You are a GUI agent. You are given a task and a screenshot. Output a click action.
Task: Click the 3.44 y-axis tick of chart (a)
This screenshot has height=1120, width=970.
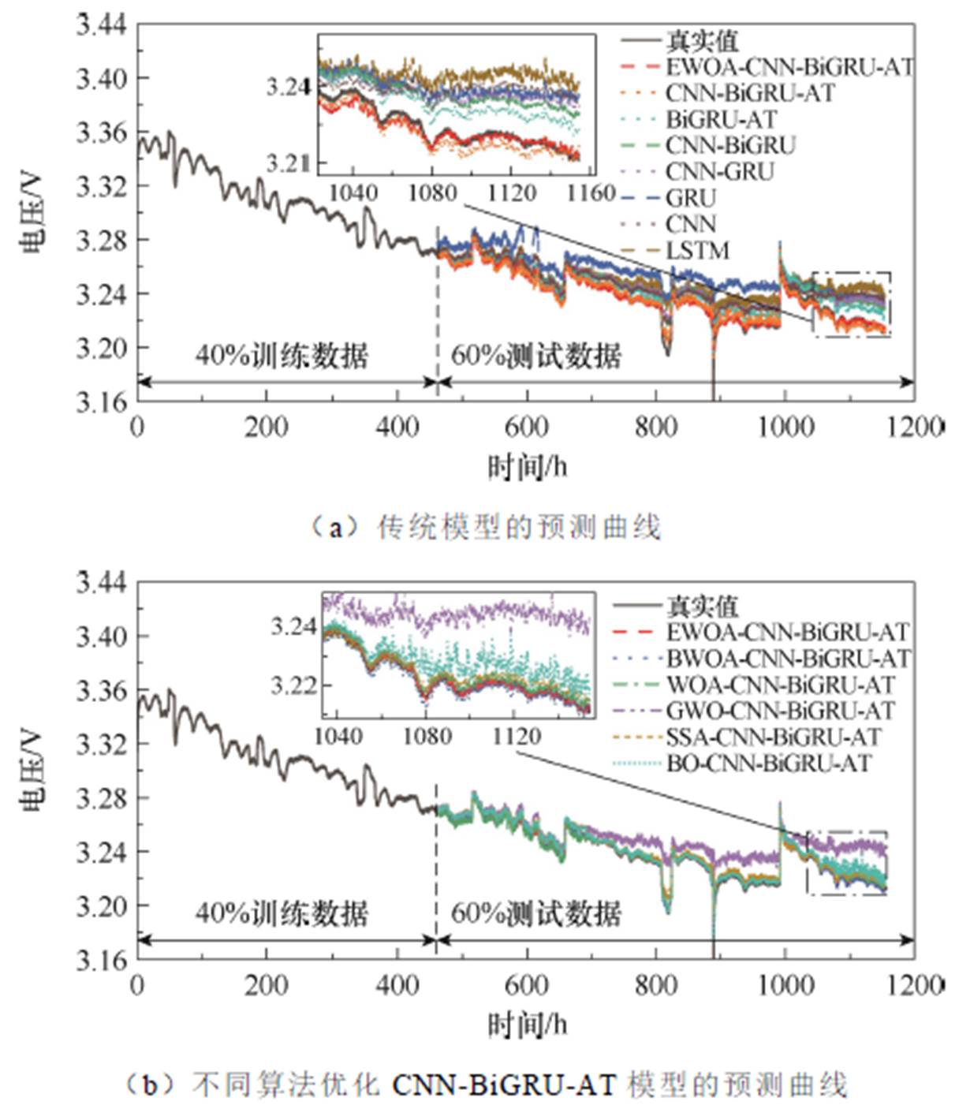101,26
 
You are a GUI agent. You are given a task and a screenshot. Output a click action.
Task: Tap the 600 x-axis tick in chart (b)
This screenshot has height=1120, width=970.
526,985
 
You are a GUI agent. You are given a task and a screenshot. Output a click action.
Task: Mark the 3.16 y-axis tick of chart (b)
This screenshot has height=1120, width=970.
101,959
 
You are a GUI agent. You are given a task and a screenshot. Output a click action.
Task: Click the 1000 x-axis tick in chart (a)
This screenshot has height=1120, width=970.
785,427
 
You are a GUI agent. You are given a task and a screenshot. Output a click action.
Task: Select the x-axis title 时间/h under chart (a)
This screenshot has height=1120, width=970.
527,468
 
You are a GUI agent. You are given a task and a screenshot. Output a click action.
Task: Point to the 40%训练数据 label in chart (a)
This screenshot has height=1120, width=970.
282,356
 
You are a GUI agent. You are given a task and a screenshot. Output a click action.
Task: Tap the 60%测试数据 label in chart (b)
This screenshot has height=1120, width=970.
536,913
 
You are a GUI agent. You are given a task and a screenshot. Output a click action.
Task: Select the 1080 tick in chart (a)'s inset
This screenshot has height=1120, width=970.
432,193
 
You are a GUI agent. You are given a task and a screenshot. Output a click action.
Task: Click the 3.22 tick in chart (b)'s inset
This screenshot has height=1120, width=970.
293,685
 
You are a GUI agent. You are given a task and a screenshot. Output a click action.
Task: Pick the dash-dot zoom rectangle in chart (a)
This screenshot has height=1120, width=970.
851,305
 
